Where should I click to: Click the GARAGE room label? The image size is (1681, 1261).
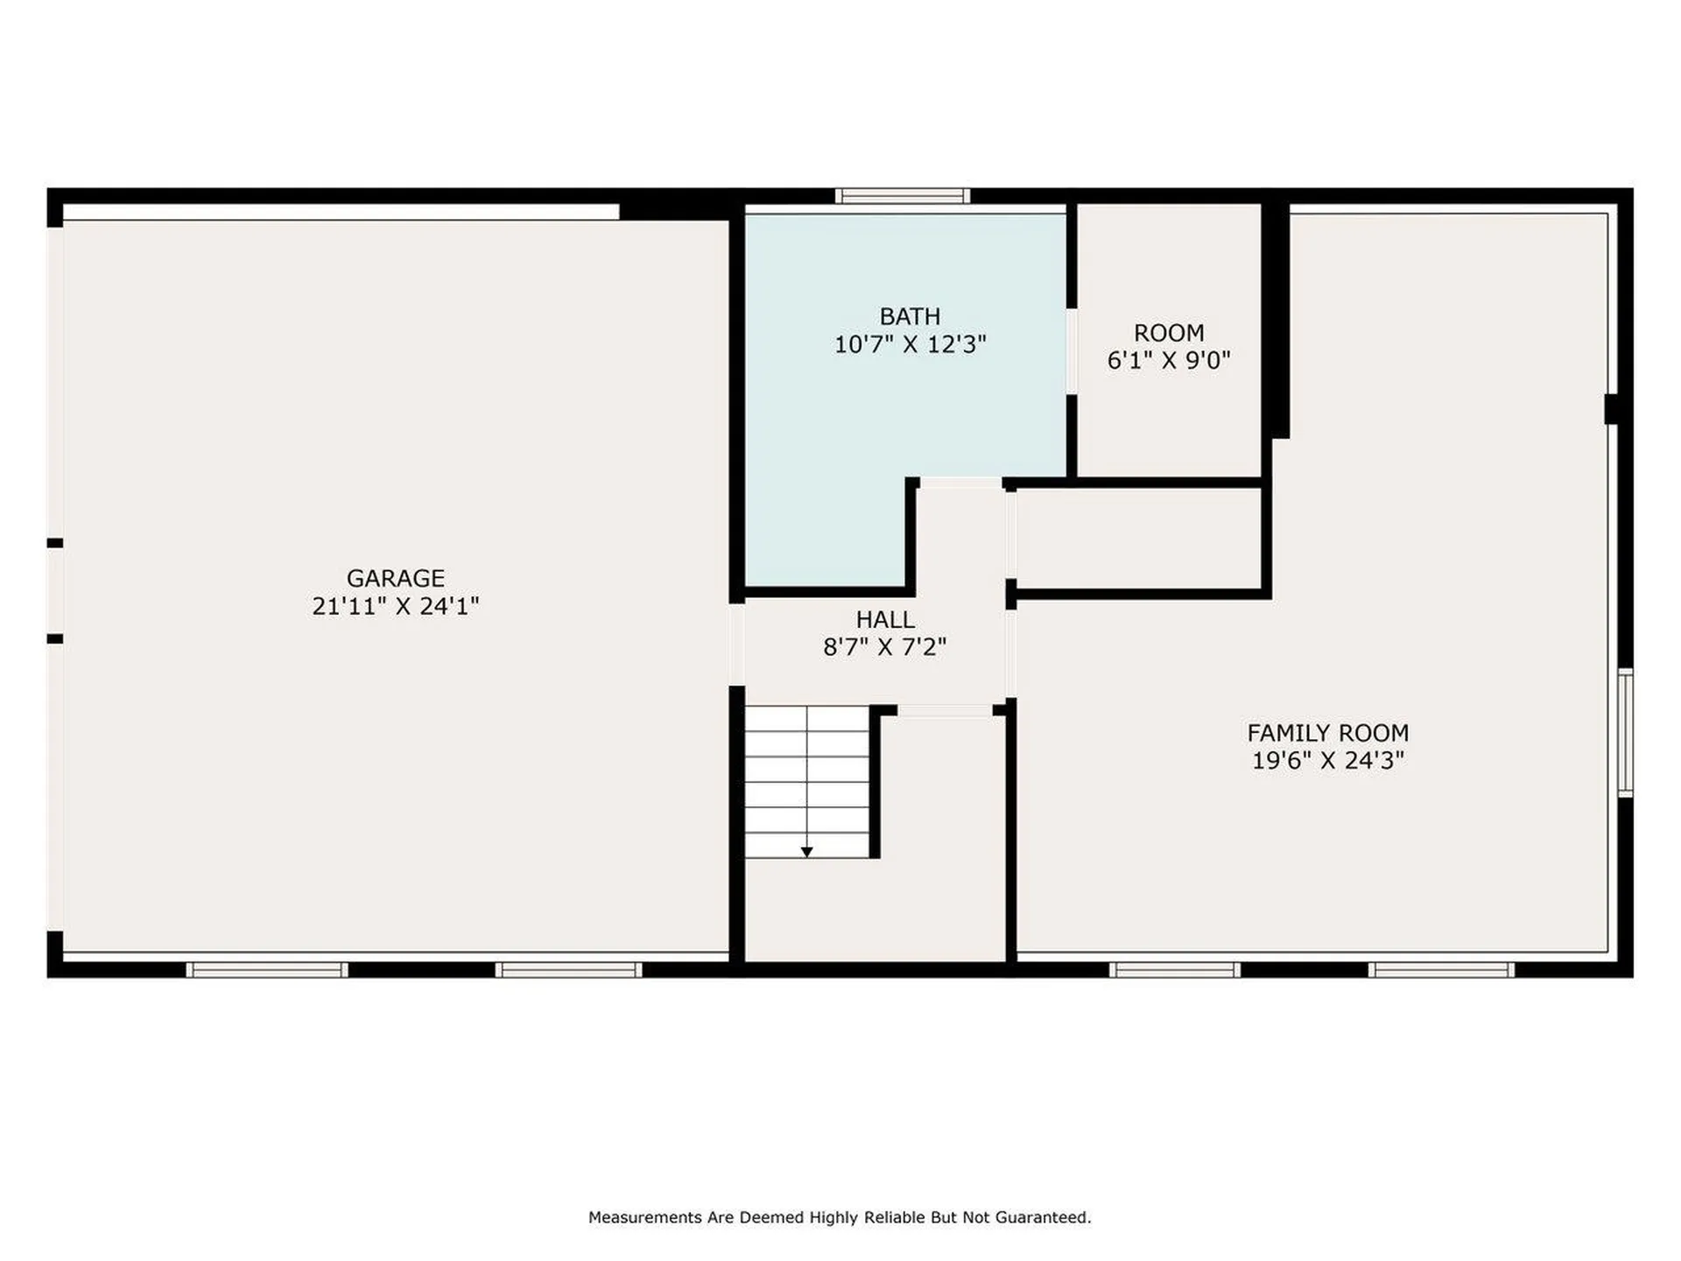[x=396, y=578]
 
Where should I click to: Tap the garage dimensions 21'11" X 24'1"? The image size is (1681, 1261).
[x=396, y=606]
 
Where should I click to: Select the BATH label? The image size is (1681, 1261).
[x=910, y=316]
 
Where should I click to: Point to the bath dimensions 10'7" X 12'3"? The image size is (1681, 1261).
[x=910, y=344]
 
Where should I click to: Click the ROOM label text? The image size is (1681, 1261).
[x=1169, y=333]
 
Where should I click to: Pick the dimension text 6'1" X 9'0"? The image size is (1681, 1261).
[x=1169, y=360]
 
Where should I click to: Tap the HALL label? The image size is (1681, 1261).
[x=885, y=620]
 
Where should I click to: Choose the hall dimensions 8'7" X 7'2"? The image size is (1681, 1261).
[x=885, y=647]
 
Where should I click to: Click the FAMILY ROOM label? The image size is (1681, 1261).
[x=1327, y=733]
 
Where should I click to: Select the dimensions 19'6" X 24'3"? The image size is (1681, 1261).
[x=1327, y=760]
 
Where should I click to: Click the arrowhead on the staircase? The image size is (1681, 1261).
[x=806, y=852]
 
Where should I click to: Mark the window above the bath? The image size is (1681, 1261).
[x=902, y=195]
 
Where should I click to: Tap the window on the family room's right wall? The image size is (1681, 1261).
[x=1625, y=732]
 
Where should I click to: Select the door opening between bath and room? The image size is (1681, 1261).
[x=1072, y=351]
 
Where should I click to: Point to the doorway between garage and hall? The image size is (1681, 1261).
[x=736, y=645]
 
